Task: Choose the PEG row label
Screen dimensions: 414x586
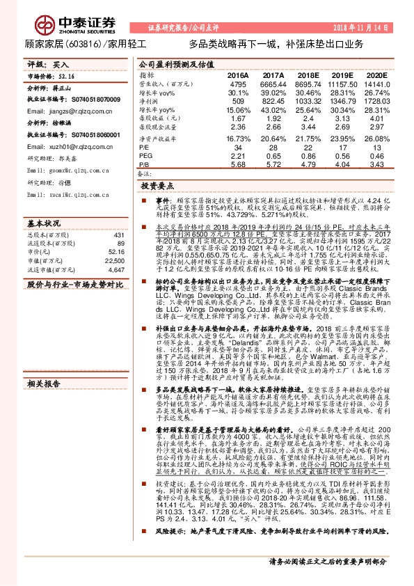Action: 145,156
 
